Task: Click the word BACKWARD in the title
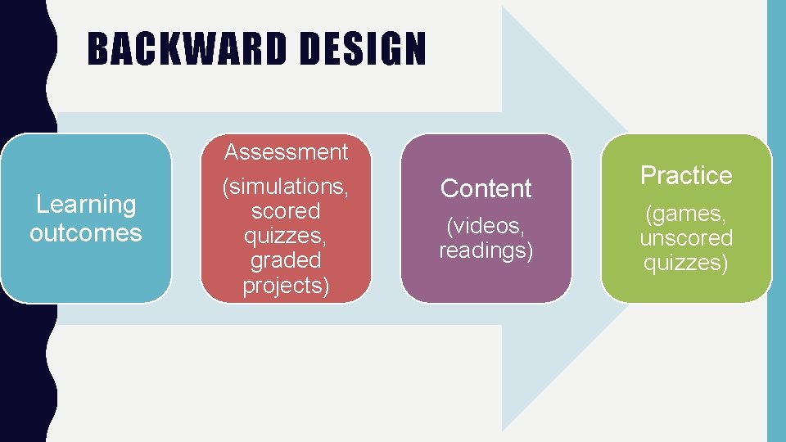click(x=187, y=49)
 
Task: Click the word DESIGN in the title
click(x=363, y=49)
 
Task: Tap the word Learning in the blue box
click(x=86, y=204)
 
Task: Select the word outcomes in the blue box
click(x=86, y=232)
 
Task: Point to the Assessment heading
click(x=286, y=152)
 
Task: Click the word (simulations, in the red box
click(x=286, y=187)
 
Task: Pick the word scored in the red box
click(x=286, y=211)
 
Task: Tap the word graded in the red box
click(x=286, y=260)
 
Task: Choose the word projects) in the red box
click(x=286, y=285)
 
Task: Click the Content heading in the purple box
click(x=486, y=188)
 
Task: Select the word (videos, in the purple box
click(x=486, y=225)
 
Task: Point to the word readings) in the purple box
click(x=486, y=250)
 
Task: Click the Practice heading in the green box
click(x=686, y=175)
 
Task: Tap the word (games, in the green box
click(x=686, y=214)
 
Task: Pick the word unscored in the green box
click(x=686, y=238)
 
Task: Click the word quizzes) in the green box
click(x=686, y=263)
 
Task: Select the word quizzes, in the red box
click(x=286, y=236)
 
